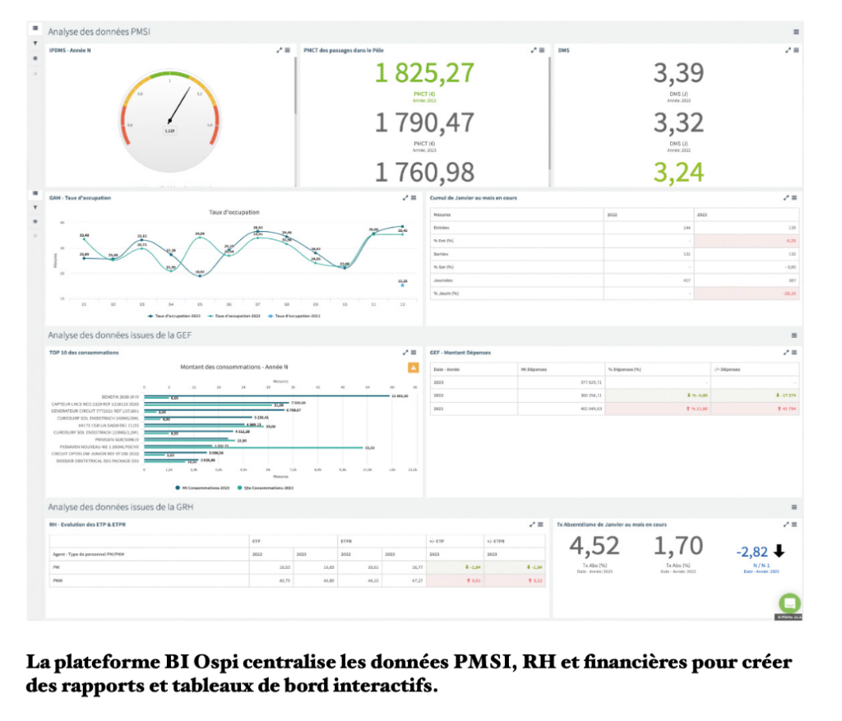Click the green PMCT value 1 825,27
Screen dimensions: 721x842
click(425, 73)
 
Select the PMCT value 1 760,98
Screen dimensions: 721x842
click(425, 172)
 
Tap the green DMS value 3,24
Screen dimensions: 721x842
click(678, 172)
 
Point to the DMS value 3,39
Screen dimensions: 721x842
click(678, 73)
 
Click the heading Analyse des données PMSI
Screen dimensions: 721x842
click(99, 32)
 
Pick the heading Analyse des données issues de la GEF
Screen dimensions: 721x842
click(120, 335)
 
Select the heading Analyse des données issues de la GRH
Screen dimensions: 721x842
click(120, 507)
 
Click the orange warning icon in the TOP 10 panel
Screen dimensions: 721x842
click(413, 367)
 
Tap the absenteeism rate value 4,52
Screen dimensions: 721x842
click(594, 546)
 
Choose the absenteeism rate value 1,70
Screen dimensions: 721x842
click(678, 546)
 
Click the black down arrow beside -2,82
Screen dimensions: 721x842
click(779, 551)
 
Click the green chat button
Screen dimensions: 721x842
click(790, 603)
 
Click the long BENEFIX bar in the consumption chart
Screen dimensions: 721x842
click(271, 396)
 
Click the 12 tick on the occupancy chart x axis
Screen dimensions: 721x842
click(402, 304)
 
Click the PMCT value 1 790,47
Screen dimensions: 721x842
click(425, 122)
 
